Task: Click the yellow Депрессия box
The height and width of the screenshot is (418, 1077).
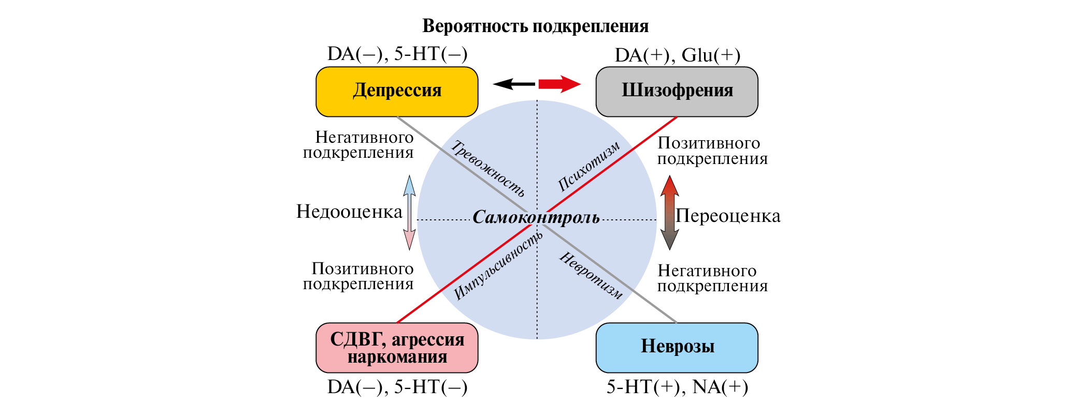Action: (x=397, y=91)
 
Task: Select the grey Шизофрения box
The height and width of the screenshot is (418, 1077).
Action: (x=677, y=91)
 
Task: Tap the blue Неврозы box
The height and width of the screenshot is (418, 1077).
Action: (x=677, y=347)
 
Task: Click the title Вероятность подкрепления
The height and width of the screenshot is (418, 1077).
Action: (x=535, y=26)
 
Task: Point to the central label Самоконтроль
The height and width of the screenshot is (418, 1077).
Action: (x=536, y=217)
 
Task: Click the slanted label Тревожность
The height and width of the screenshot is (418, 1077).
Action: (x=487, y=169)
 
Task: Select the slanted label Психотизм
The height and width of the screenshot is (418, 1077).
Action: (x=588, y=166)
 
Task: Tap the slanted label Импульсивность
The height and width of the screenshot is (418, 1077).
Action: (x=498, y=265)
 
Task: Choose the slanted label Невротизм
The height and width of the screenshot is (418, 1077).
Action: (x=591, y=275)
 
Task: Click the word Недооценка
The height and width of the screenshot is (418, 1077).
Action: (x=349, y=212)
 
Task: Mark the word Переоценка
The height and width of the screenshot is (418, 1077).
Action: (x=728, y=216)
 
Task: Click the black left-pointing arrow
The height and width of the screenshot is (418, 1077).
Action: (x=513, y=84)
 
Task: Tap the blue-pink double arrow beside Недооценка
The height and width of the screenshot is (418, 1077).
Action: (x=409, y=213)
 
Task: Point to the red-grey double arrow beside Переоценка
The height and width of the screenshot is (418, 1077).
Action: (x=669, y=213)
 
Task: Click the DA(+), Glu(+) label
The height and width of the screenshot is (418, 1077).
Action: (x=677, y=55)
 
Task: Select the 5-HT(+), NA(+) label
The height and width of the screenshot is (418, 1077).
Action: (x=677, y=387)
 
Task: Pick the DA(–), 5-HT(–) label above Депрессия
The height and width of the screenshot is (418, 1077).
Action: (x=397, y=54)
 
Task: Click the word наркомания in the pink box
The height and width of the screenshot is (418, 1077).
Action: (x=397, y=357)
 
